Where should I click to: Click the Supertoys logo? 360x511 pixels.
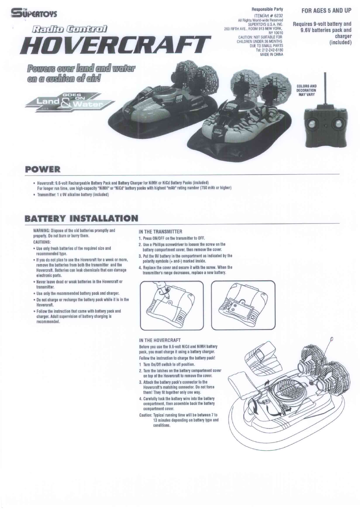(x=34, y=13)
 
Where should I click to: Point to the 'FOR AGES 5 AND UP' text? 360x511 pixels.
(x=326, y=11)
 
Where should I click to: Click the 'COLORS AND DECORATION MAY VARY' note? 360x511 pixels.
(x=306, y=90)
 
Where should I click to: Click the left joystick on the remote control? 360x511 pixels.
(x=312, y=124)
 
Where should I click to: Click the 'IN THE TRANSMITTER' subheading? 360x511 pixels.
(x=160, y=231)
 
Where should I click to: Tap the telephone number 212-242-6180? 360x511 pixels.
(x=272, y=50)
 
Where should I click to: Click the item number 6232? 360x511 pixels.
(x=278, y=16)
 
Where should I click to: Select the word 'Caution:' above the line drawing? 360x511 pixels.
(x=145, y=415)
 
